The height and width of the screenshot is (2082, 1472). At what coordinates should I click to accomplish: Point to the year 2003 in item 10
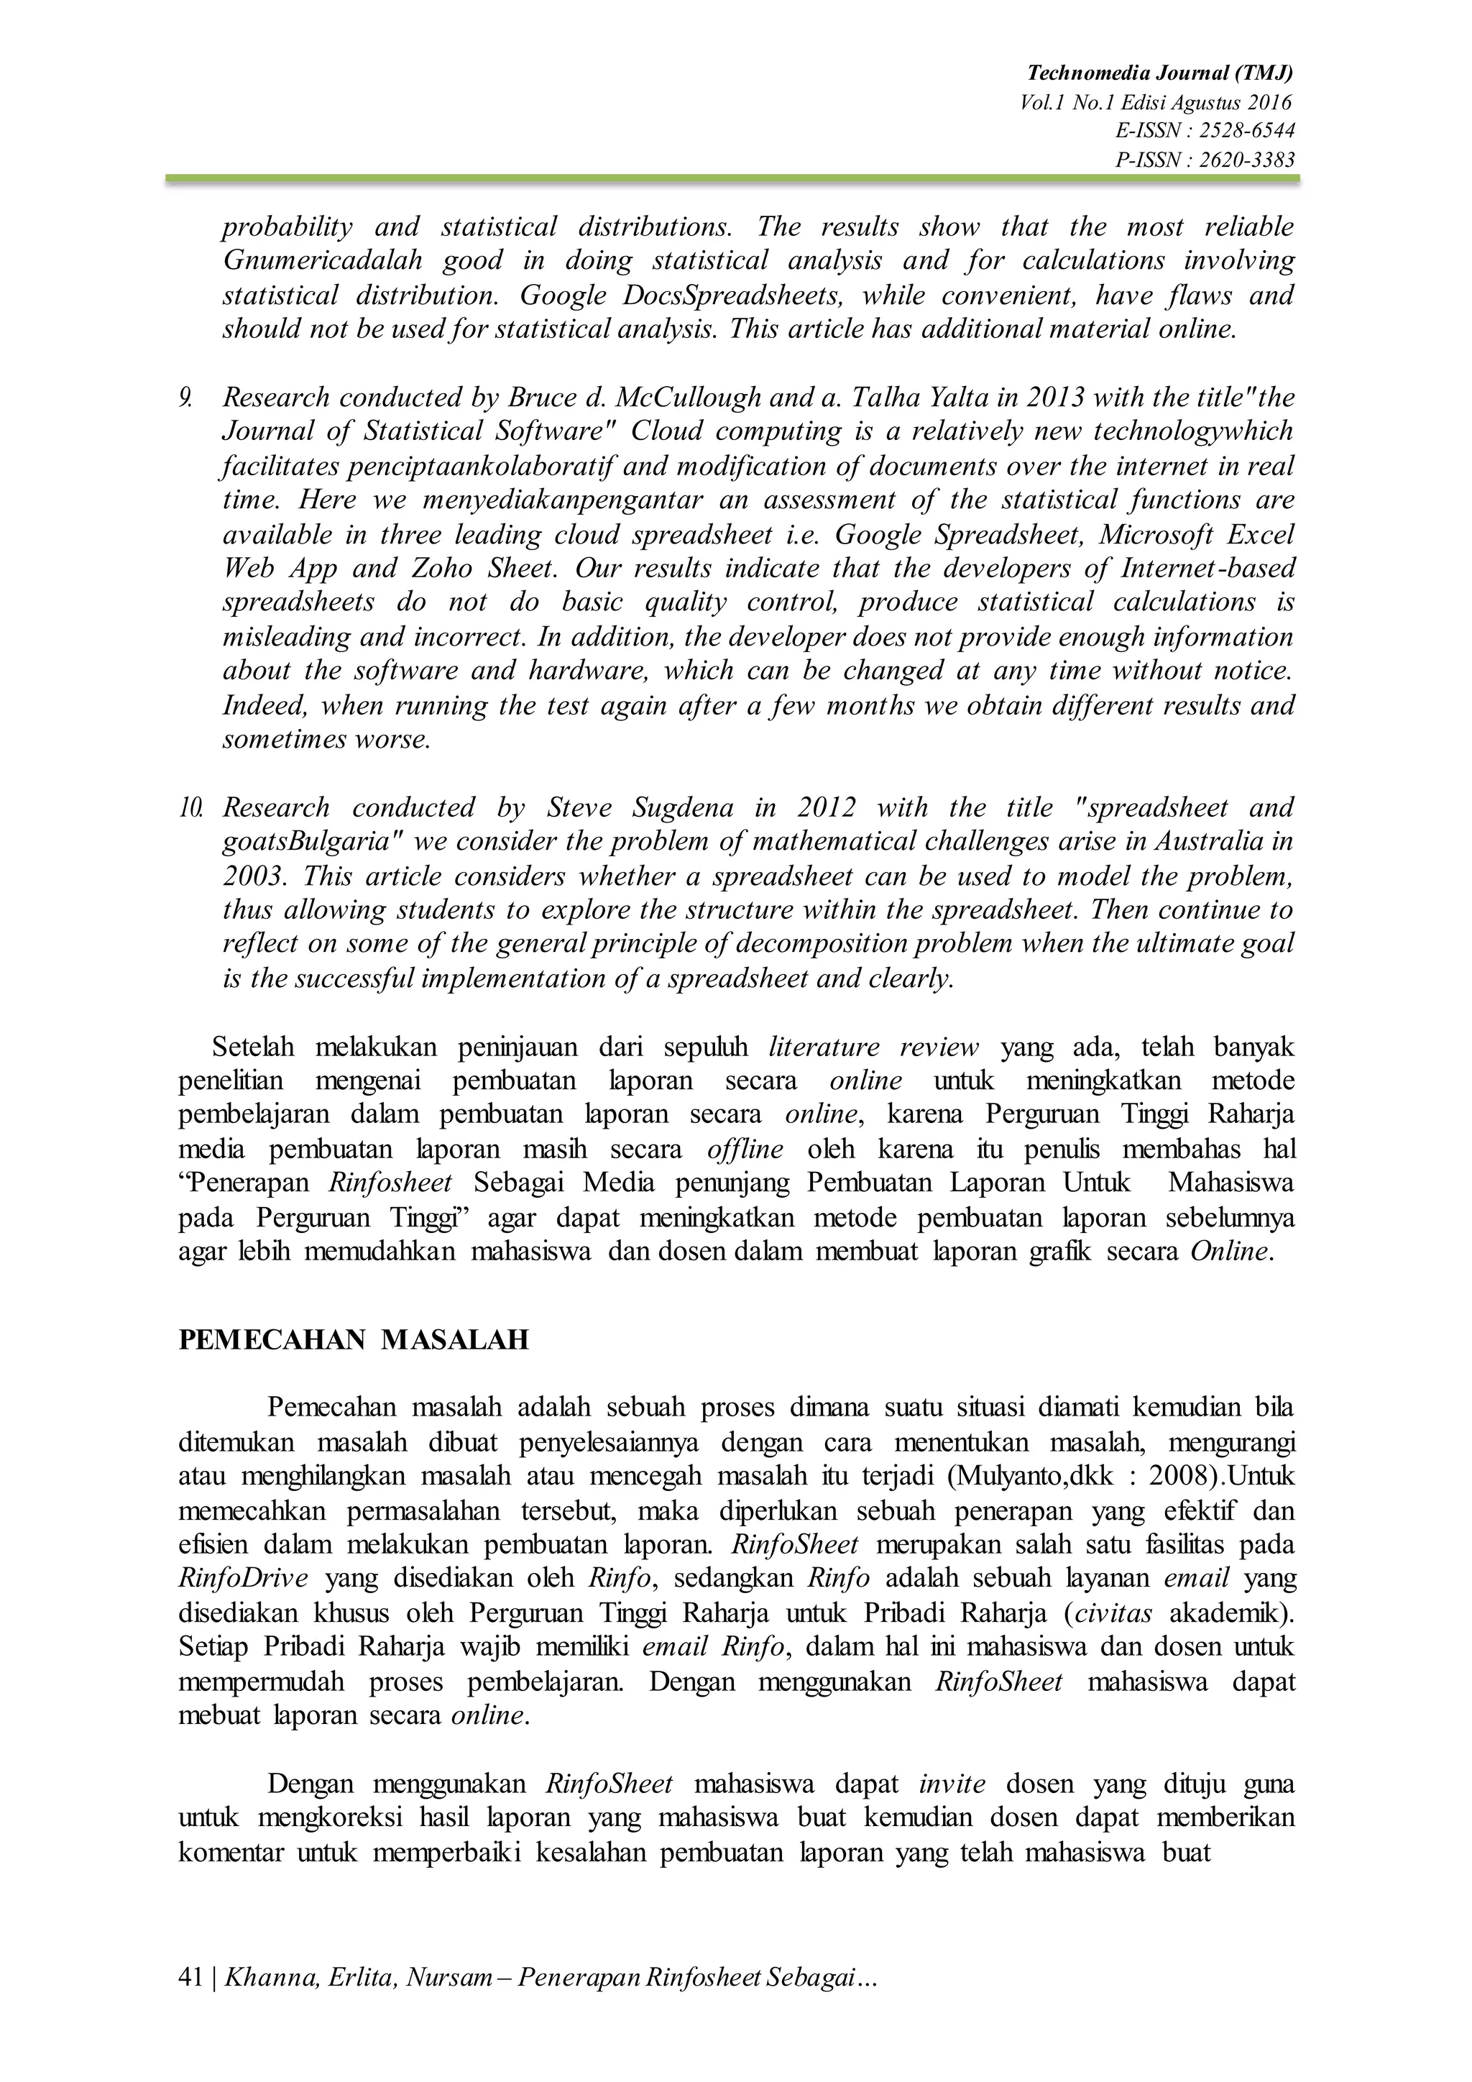coord(251,876)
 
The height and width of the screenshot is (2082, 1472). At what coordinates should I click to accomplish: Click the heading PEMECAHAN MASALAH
coord(354,1340)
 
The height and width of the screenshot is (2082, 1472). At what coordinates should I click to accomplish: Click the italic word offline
coord(745,1150)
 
